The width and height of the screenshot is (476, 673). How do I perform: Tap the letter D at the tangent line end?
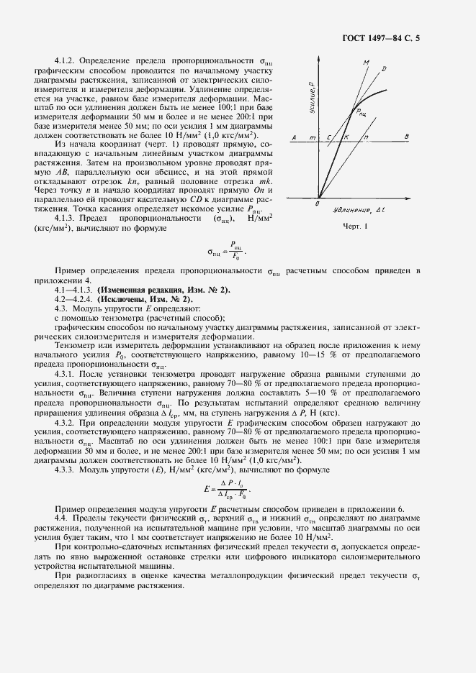pyautogui.click(x=384, y=69)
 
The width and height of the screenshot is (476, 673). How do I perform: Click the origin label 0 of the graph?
pyautogui.click(x=318, y=204)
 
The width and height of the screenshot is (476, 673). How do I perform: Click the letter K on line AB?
pyautogui.click(x=346, y=136)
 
